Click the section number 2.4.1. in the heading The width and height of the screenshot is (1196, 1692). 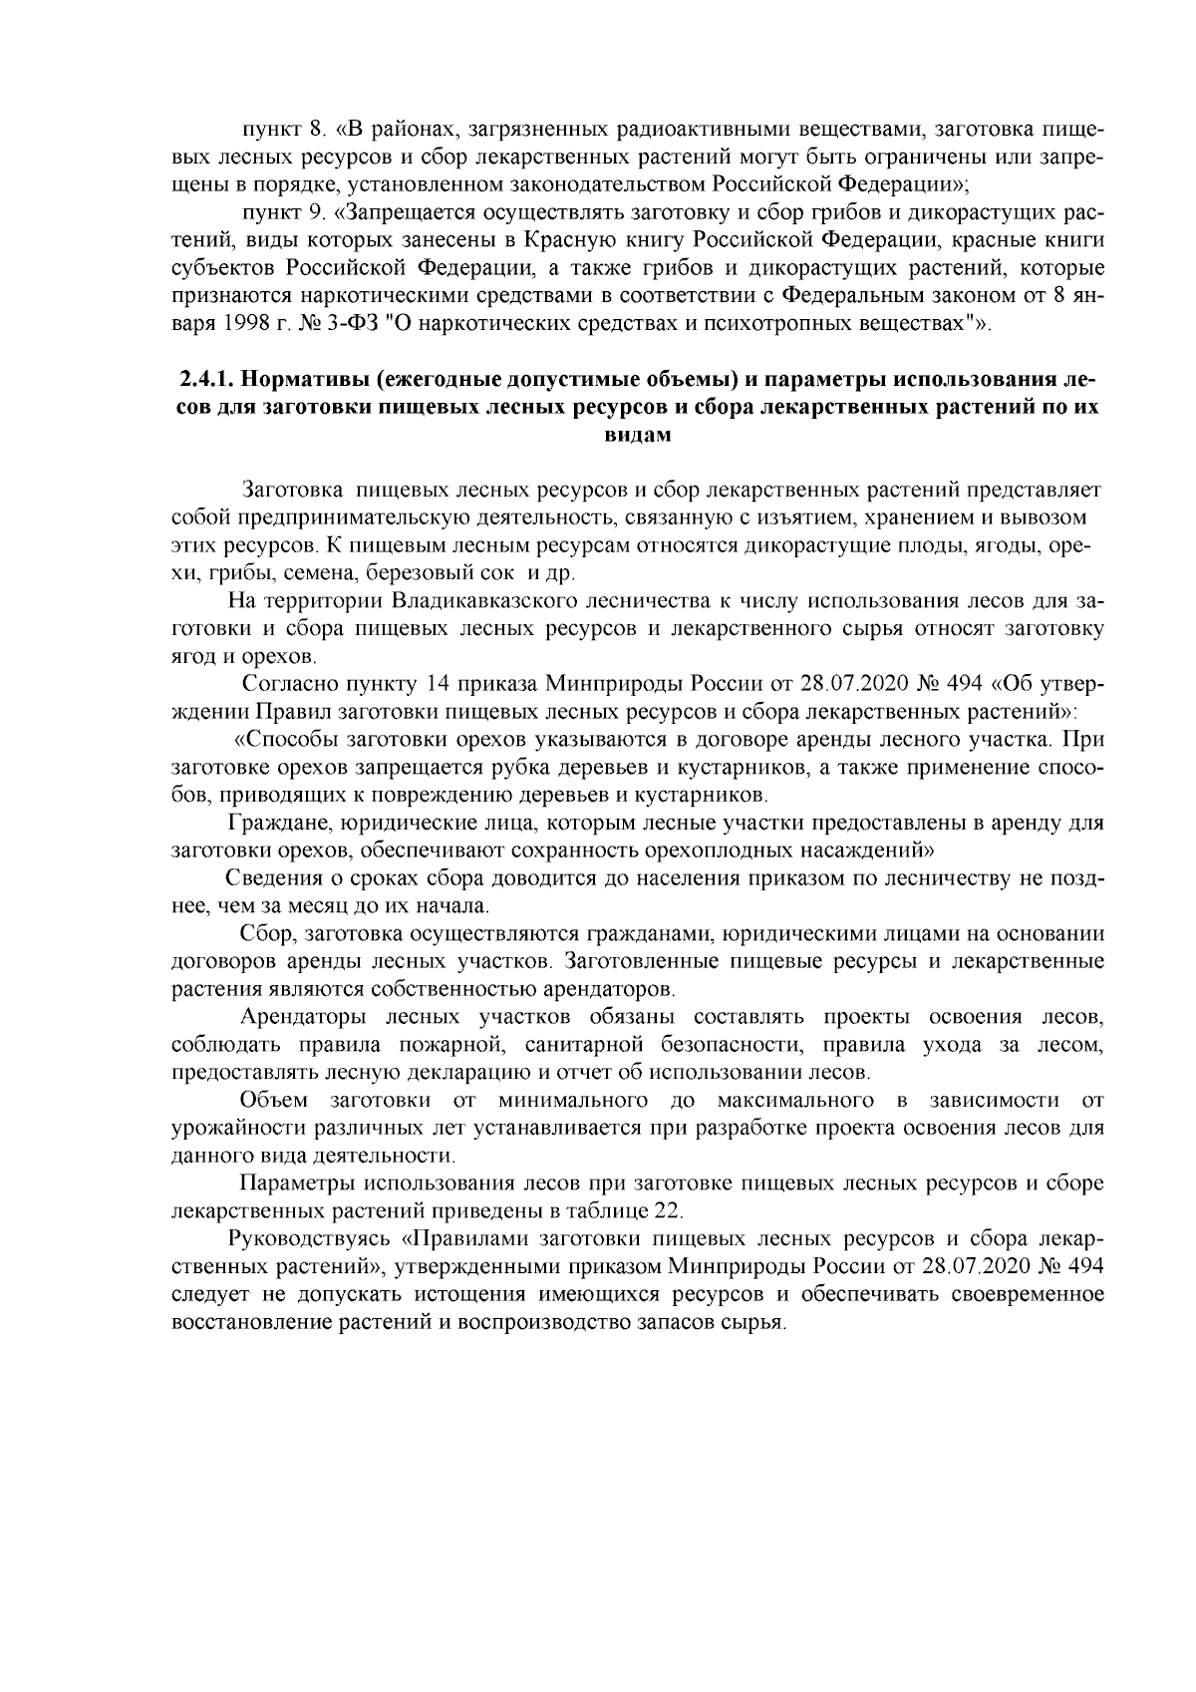[x=208, y=381]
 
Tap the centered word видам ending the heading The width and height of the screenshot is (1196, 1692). [x=638, y=435]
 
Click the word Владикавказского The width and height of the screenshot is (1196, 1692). [x=472, y=601]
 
